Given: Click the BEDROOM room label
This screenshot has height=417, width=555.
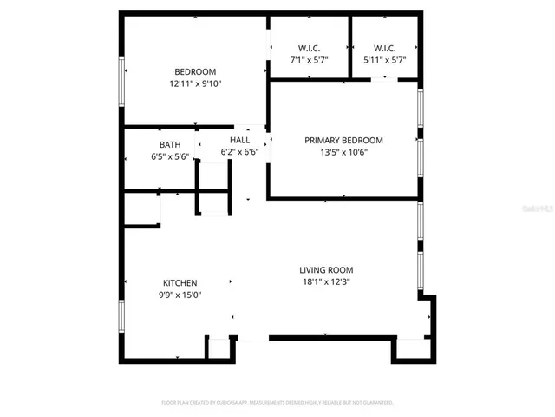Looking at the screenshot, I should coord(195,72).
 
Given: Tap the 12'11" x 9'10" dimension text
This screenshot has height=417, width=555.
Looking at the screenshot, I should coord(195,84).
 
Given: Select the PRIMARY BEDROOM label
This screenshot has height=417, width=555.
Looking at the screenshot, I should coord(343,140).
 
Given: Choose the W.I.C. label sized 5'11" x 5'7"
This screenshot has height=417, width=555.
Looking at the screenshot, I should coord(385,48).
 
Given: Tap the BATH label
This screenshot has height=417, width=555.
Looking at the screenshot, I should coord(170,145).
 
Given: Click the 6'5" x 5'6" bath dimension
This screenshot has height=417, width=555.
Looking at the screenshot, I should coord(170,157).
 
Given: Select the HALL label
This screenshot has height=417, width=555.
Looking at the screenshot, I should coord(239,140).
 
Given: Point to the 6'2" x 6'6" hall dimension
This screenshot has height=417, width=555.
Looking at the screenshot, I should coord(239,152).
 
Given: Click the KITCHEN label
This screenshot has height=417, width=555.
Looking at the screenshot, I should coord(180,283).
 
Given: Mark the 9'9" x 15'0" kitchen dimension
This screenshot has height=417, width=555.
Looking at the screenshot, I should coord(180,295).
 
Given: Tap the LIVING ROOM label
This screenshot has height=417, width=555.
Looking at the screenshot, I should coord(326,270).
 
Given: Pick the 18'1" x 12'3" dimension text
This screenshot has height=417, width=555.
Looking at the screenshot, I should coord(326,281).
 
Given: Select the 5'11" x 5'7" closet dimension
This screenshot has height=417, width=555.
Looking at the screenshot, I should coord(385,60).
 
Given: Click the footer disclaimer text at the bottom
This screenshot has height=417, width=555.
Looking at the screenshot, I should coord(277,403).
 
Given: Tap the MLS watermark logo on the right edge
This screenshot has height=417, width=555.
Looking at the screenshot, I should coord(542,209).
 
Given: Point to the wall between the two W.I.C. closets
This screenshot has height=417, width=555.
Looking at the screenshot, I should coord(349,48).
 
